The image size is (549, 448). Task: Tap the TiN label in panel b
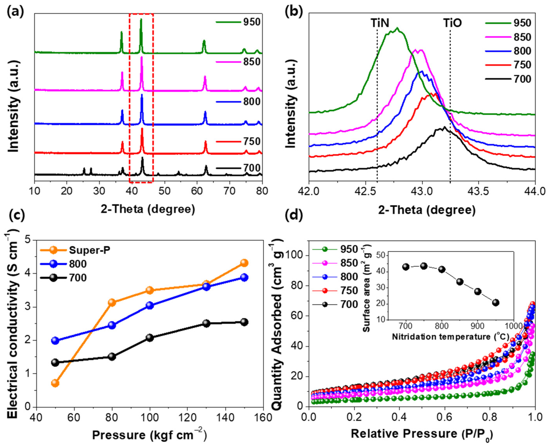(x=380, y=23)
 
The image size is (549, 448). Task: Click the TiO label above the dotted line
(x=452, y=23)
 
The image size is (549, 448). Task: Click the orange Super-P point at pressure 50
(x=55, y=383)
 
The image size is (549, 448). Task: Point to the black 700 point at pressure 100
(x=150, y=338)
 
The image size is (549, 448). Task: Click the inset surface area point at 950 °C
(x=496, y=303)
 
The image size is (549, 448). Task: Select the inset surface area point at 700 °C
(x=406, y=267)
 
